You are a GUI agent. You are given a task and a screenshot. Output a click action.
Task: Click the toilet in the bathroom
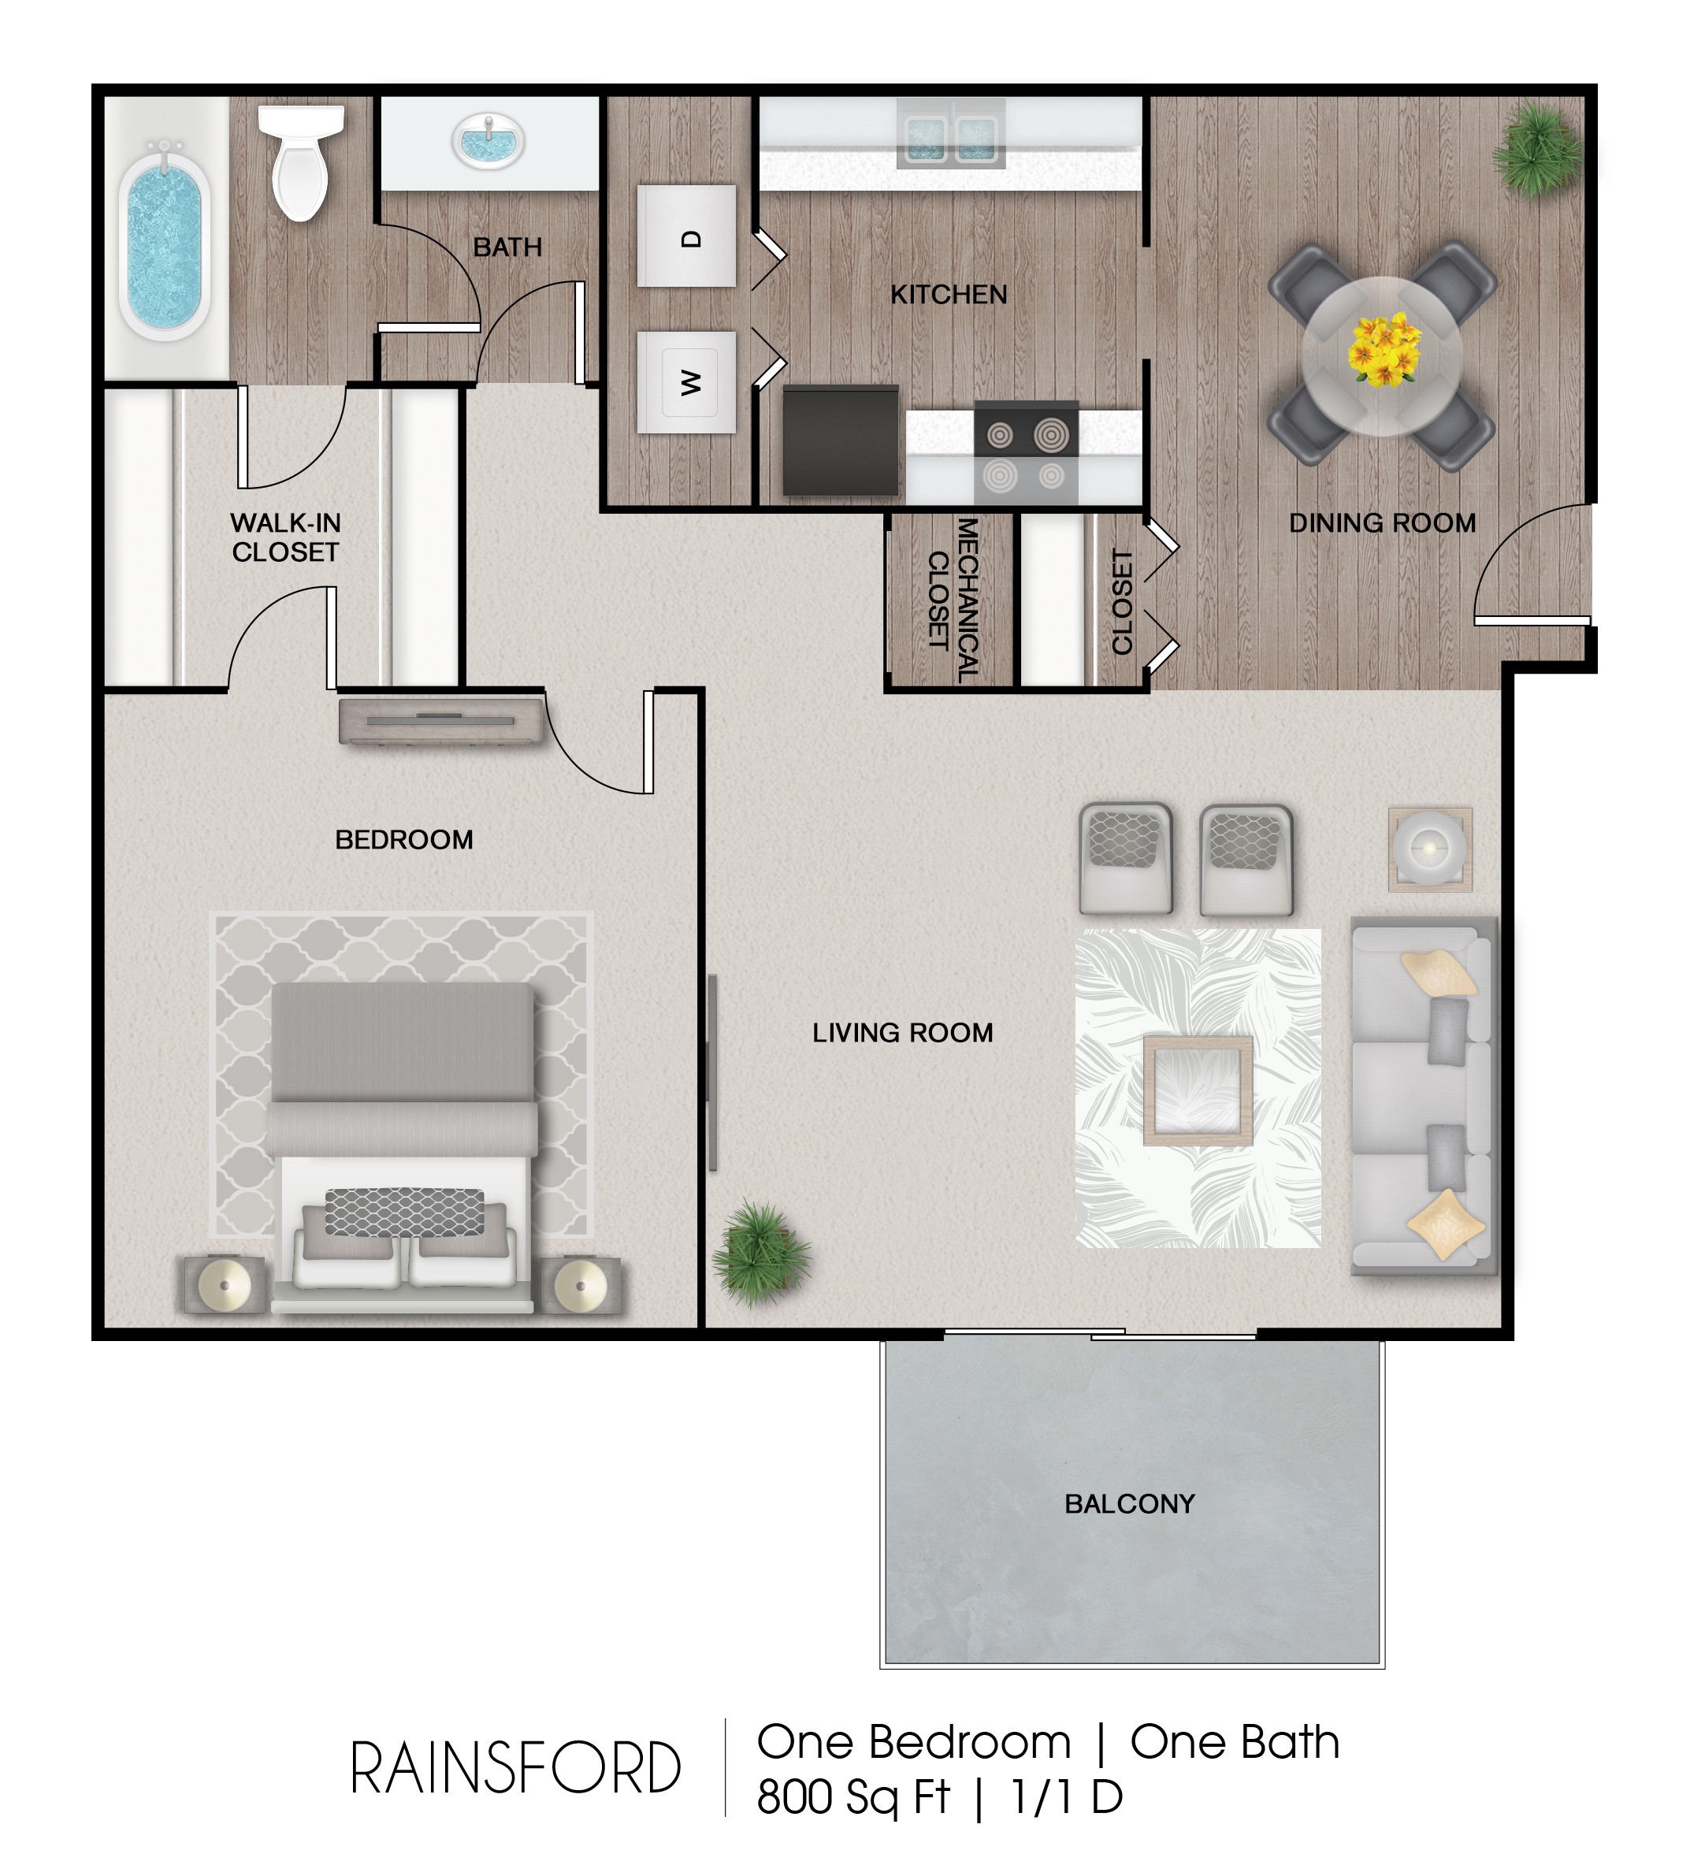[299, 162]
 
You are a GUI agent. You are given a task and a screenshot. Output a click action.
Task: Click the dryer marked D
[686, 236]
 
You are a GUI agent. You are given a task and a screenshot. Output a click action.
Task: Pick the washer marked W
[686, 382]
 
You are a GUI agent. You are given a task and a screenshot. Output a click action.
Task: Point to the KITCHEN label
[948, 294]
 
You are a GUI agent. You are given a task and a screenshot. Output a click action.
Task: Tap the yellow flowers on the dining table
[1383, 350]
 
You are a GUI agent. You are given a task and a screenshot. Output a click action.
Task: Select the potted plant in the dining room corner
[1536, 149]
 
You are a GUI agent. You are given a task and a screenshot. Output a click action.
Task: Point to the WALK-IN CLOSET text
[286, 537]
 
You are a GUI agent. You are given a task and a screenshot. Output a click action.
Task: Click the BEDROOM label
[404, 840]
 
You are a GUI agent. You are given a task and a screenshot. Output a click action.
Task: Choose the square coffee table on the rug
[1198, 1090]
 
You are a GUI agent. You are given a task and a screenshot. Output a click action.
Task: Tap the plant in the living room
[761, 1254]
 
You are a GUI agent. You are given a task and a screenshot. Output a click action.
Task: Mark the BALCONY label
[1130, 1504]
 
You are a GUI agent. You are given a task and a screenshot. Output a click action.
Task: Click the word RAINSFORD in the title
[515, 1769]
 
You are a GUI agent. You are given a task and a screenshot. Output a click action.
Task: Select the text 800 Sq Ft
[852, 1797]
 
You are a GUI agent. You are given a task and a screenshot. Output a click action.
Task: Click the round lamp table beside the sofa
[1430, 849]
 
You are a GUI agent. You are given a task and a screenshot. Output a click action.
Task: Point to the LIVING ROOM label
[903, 1032]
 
